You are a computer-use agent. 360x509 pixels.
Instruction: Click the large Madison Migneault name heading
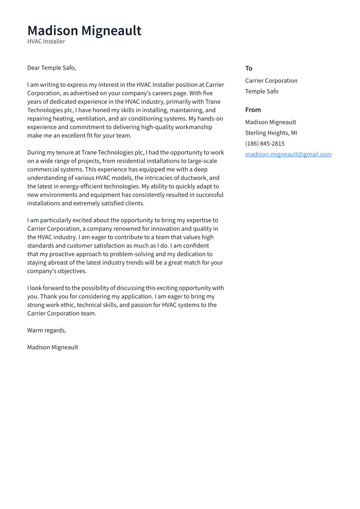[84, 31]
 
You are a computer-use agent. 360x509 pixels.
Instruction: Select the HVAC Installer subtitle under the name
[46, 41]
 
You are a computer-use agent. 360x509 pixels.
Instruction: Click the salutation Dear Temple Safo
[51, 68]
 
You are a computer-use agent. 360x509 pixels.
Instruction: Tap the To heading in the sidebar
[248, 68]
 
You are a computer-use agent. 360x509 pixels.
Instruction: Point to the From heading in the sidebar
[253, 110]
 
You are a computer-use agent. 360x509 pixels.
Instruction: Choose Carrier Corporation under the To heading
[271, 81]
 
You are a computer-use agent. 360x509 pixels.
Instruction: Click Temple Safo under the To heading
[261, 91]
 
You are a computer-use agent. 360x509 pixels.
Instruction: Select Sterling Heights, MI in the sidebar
[271, 133]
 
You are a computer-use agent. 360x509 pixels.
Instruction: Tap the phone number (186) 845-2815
[264, 143]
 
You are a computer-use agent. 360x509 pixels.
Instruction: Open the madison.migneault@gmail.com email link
[288, 154]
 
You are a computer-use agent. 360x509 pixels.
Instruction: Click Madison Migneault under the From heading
[271, 122]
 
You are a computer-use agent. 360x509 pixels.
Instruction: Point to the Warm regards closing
[47, 330]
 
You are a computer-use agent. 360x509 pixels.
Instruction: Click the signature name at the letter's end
[53, 347]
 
